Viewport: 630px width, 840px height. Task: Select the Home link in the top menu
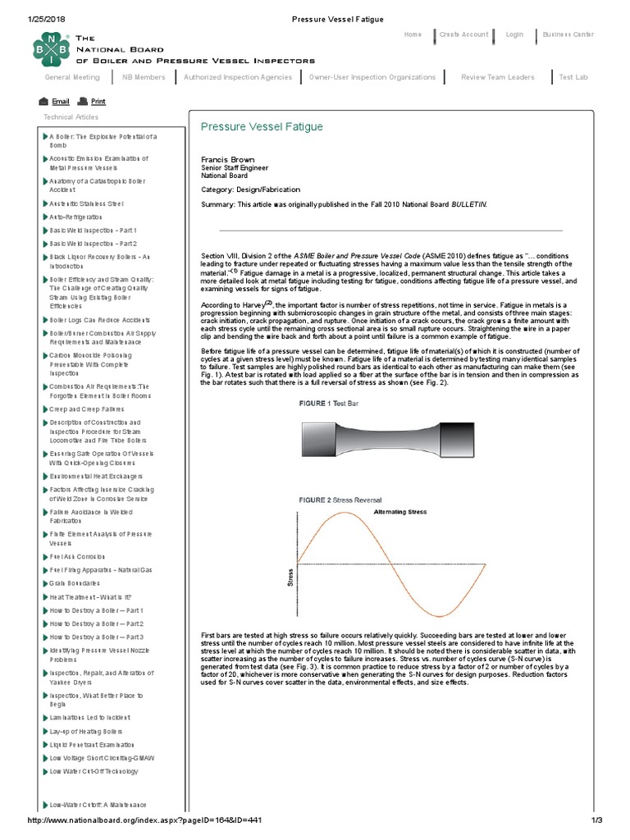(413, 34)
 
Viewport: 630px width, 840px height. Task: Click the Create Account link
(463, 34)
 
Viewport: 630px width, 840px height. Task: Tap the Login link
(514, 34)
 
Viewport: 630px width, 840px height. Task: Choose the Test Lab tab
(573, 77)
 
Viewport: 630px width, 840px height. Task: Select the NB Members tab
(144, 77)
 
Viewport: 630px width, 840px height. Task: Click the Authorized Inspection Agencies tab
(238, 77)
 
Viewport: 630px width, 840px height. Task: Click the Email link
(60, 102)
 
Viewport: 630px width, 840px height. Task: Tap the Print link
(98, 102)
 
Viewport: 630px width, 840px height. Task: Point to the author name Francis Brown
(227, 159)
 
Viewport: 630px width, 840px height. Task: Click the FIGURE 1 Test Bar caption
(329, 404)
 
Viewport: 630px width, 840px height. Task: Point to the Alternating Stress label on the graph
(400, 512)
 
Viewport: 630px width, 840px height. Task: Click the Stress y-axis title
(290, 577)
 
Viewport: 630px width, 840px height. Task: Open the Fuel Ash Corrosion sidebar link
(78, 556)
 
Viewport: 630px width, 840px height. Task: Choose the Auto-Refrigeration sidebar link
(75, 217)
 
